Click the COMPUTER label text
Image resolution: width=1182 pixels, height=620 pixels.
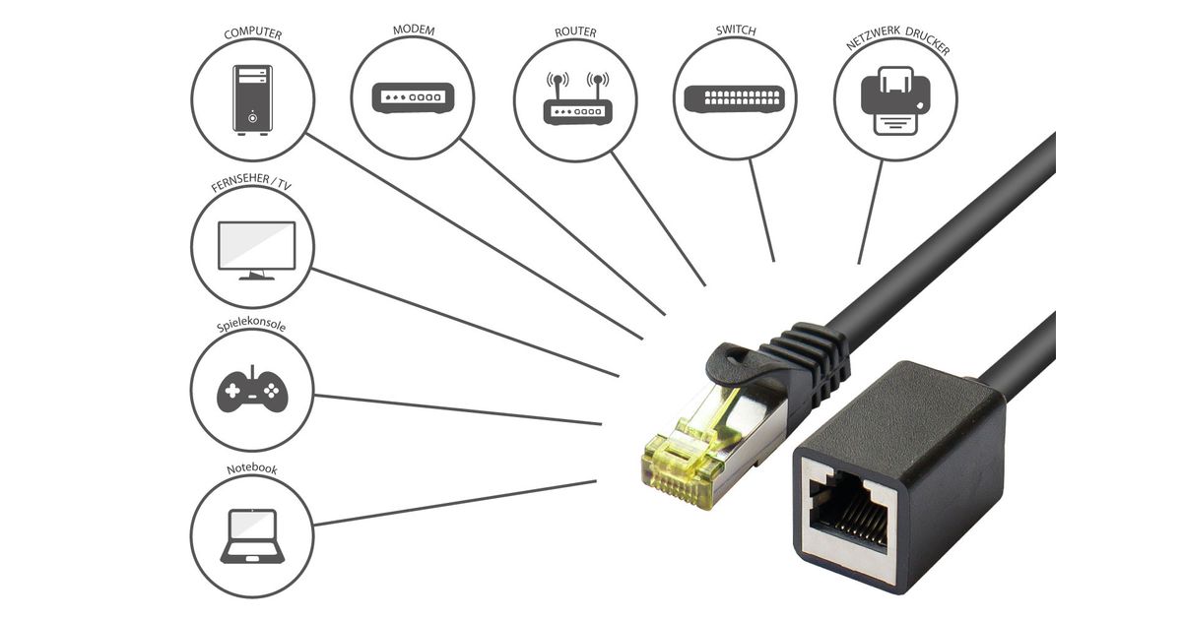(253, 33)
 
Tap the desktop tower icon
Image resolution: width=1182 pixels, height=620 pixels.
(252, 97)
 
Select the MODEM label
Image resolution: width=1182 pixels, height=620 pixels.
(414, 30)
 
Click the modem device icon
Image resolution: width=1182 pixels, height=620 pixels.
(414, 97)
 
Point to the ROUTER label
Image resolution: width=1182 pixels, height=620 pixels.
(575, 32)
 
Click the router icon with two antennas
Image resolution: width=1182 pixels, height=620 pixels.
(577, 98)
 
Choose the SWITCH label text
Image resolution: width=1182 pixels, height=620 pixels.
(736, 31)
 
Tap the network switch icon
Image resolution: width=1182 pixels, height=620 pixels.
(736, 97)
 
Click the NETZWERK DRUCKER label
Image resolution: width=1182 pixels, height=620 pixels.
(897, 46)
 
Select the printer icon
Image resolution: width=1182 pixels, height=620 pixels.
(895, 99)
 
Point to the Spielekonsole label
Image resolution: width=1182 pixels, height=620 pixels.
(251, 325)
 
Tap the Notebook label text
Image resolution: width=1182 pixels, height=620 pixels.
(251, 469)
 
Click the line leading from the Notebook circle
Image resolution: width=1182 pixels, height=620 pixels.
(453, 503)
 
